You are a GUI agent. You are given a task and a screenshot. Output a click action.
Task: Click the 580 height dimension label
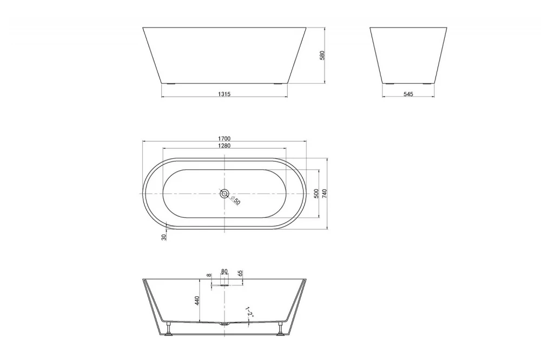click(322, 55)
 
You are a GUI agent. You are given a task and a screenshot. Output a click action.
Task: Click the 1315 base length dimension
click(225, 94)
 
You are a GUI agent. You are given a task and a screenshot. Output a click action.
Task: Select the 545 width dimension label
click(408, 94)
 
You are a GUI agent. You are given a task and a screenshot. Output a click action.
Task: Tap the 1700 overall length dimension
click(225, 138)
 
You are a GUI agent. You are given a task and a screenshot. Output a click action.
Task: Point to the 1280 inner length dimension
click(225, 145)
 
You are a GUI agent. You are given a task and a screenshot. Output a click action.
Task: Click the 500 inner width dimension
click(316, 194)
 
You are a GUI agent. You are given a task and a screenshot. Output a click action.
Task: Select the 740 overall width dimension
click(324, 194)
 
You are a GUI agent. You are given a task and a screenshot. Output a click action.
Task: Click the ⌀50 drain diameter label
click(235, 200)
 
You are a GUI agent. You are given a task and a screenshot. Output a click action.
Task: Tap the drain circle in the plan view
click(225, 194)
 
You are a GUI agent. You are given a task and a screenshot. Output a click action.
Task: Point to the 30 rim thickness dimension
click(164, 237)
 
